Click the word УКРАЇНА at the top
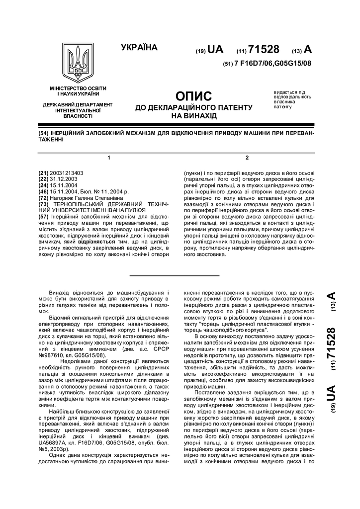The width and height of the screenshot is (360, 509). [x=139, y=48]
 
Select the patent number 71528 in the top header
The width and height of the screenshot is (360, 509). [x=264, y=49]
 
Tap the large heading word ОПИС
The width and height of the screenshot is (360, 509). [x=194, y=96]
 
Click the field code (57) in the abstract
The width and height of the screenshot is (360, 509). [x=44, y=217]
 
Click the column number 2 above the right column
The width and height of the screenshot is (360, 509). [x=247, y=158]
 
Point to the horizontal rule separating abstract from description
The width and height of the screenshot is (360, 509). [x=174, y=275]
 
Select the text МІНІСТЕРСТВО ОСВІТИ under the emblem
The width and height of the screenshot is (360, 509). [x=78, y=88]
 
